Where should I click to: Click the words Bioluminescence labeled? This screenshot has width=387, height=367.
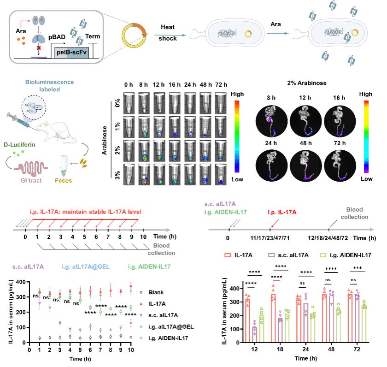pos(42,85)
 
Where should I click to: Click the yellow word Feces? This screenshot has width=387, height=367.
pos(63,180)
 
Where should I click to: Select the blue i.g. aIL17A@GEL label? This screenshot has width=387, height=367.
pos(85,266)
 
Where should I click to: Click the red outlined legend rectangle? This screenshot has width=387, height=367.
pos(228,255)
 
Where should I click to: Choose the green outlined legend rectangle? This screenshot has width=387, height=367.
pos(323,255)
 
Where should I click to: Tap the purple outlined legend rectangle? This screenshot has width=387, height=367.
pos(271,255)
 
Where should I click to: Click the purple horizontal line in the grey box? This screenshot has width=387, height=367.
pos(38,57)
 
